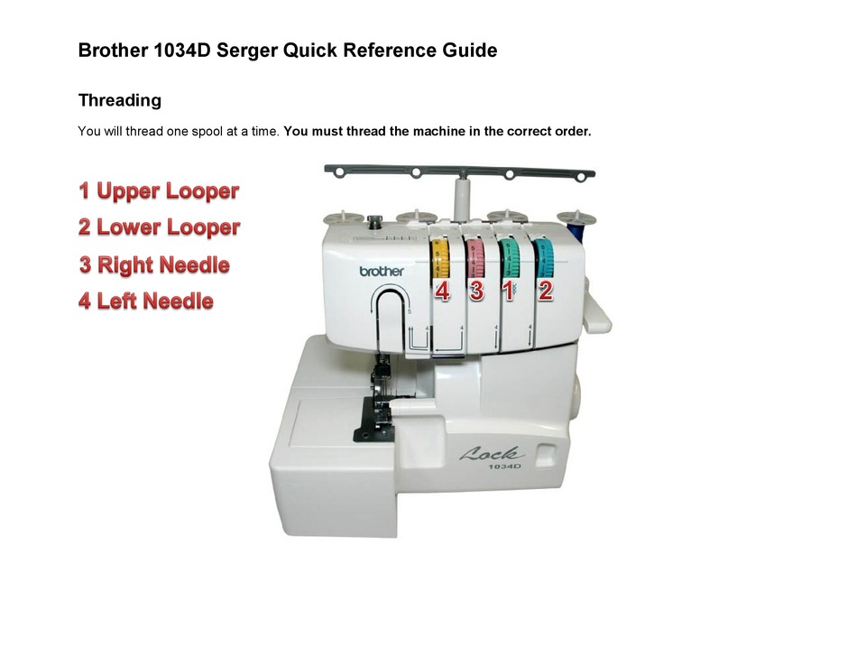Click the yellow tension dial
(440, 258)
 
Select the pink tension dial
(475, 258)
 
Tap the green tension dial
(510, 257)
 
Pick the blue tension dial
(544, 258)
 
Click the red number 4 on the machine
(442, 291)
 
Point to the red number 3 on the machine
(476, 291)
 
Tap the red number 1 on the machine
(508, 291)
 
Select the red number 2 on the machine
(545, 291)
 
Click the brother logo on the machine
(382, 271)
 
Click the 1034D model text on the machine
(504, 466)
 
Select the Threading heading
(120, 100)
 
